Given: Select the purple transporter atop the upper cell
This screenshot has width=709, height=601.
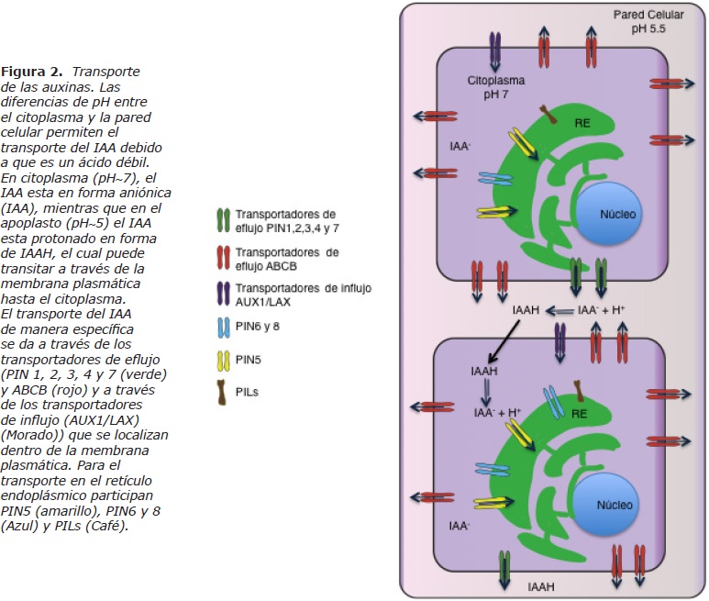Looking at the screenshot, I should [x=496, y=50].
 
